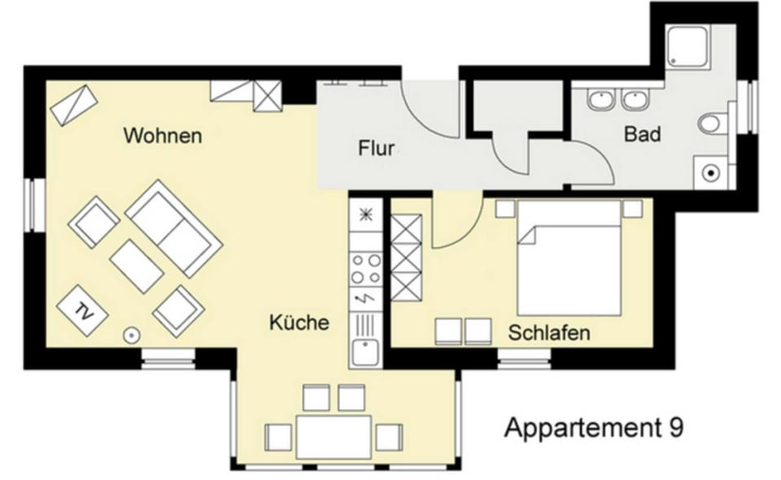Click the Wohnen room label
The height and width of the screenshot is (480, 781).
(163, 135)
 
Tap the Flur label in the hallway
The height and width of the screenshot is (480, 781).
(376, 148)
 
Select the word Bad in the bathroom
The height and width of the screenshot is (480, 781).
(643, 134)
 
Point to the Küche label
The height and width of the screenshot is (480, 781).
(299, 322)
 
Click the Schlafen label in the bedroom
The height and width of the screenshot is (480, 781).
(549, 333)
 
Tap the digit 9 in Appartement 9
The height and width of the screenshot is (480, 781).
(676, 427)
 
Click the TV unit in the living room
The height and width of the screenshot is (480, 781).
(83, 310)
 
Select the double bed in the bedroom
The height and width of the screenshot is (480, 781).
(569, 258)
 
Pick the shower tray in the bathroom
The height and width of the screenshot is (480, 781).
(688, 46)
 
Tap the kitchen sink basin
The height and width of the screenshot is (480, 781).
(365, 352)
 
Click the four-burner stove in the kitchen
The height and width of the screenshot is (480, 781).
(365, 268)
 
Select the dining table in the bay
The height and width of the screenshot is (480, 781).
(334, 436)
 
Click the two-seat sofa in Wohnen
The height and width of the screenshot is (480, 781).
(174, 229)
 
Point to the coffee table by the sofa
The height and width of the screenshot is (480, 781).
(137, 266)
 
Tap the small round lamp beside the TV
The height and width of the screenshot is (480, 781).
(132, 335)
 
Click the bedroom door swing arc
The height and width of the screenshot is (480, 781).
(467, 233)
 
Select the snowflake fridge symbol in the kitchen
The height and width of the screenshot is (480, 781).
(366, 215)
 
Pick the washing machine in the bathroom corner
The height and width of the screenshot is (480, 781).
(711, 172)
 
